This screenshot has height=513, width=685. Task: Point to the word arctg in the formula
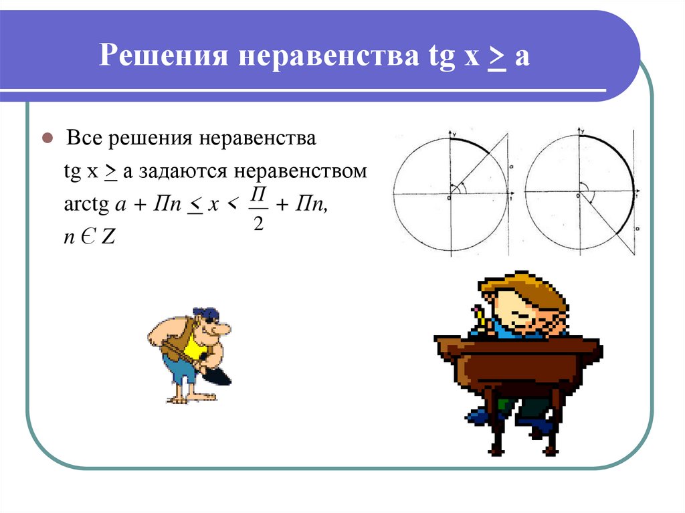tap(81, 207)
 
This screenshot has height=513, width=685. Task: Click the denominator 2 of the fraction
tap(258, 225)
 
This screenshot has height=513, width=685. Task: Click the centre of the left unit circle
tap(450, 194)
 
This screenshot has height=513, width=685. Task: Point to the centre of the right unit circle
tap(579, 194)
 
